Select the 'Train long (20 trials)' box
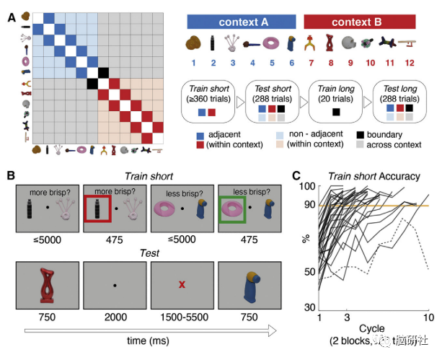(336, 101)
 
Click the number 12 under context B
(412, 63)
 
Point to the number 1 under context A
(193, 63)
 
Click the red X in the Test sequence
(182, 284)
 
